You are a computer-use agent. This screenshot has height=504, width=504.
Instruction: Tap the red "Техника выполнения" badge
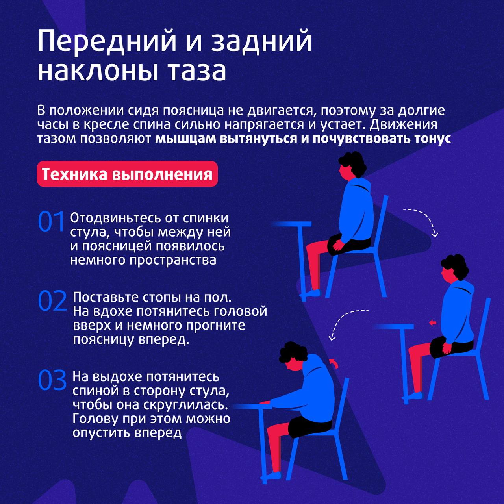pos(127,174)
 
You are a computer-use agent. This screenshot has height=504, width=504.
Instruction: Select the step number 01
pos(51,221)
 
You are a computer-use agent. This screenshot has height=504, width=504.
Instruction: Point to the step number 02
pos(52,301)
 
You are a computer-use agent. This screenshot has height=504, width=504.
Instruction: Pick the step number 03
pos(52,380)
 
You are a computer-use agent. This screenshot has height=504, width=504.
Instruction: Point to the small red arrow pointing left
pos(433,323)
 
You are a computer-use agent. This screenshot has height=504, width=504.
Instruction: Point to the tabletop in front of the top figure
pos(292,224)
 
